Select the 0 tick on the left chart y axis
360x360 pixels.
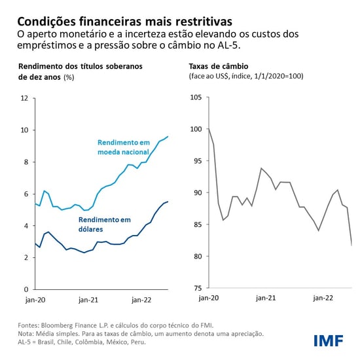click(x=26, y=289)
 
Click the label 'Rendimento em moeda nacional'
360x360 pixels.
click(x=124, y=147)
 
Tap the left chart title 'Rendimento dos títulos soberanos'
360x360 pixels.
click(x=81, y=66)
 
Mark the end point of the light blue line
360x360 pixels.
click(x=168, y=136)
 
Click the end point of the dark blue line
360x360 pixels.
click(x=168, y=202)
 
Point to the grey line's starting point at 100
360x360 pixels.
click(x=209, y=129)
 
